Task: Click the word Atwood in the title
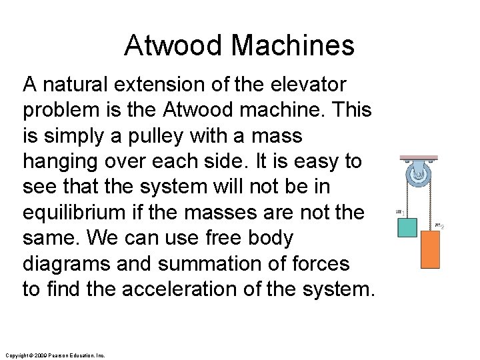(x=174, y=45)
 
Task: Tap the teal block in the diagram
(x=407, y=227)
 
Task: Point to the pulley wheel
(x=419, y=176)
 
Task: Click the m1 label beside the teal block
(x=399, y=213)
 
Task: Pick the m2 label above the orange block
(x=439, y=225)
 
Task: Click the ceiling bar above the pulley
(x=419, y=159)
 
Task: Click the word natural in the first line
(x=75, y=85)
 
